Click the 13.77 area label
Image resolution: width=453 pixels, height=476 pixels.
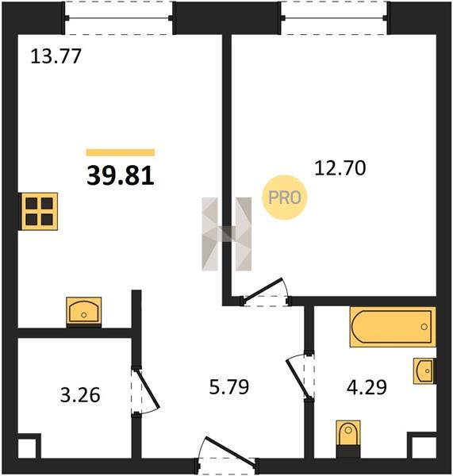(x=56, y=56)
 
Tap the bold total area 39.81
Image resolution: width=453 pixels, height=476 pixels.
(x=121, y=176)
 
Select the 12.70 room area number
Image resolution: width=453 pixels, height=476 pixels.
(x=340, y=168)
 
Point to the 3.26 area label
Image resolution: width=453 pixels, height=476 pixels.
(x=80, y=395)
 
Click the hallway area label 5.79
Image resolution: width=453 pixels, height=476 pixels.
(x=229, y=387)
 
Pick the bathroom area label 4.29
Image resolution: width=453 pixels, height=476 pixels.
(x=367, y=387)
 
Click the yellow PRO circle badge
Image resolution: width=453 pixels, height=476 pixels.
(x=285, y=198)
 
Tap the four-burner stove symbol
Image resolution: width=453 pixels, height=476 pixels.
(x=39, y=211)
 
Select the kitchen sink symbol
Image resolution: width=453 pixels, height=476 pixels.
(x=84, y=312)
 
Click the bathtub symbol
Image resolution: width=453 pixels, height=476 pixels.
(x=393, y=327)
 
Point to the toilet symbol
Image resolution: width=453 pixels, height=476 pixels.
(x=348, y=439)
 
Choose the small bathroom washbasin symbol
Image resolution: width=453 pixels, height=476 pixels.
(x=424, y=371)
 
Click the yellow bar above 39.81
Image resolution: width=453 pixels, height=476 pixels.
(x=121, y=152)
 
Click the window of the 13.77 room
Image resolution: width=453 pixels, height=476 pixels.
(x=119, y=18)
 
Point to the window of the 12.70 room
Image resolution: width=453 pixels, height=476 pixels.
(x=334, y=18)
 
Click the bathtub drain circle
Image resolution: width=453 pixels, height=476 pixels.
(x=424, y=327)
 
